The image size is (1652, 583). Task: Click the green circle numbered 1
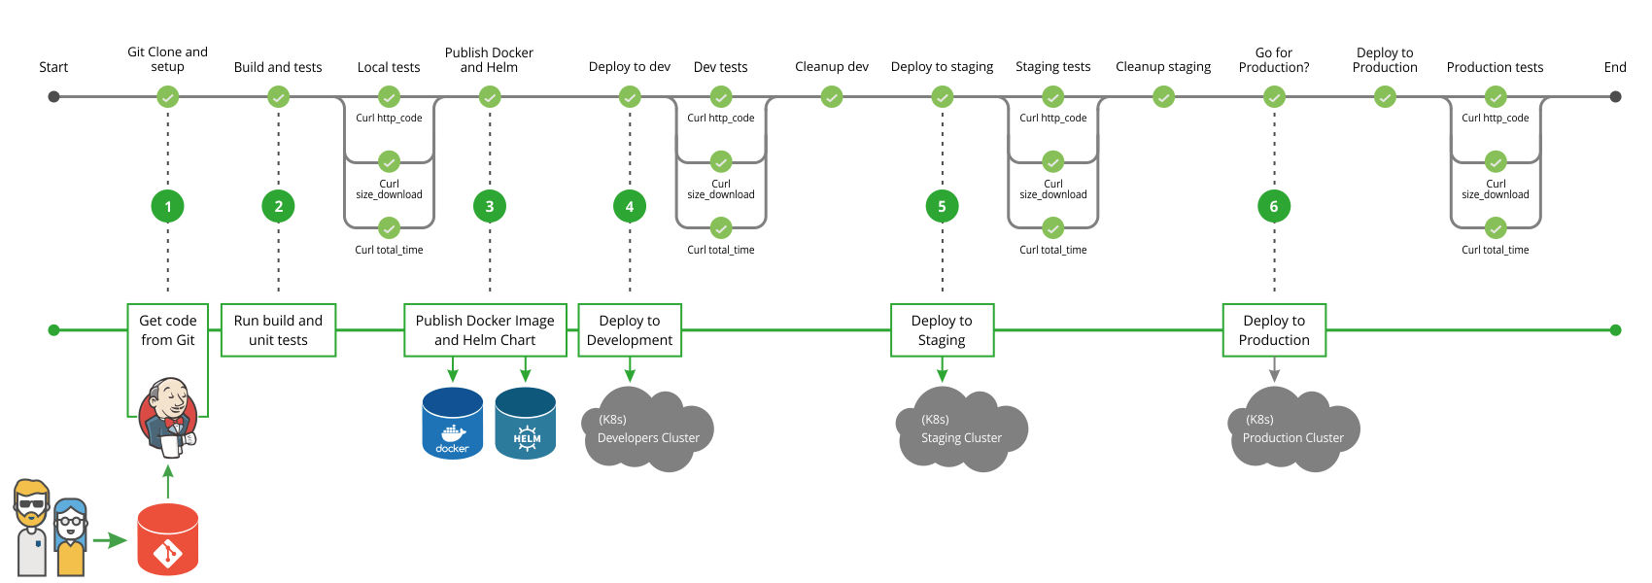click(168, 206)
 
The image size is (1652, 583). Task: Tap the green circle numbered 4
click(630, 206)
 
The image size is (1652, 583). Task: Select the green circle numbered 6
click(1274, 206)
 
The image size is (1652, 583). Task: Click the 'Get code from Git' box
click(168, 330)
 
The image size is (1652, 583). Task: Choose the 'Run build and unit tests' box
click(278, 330)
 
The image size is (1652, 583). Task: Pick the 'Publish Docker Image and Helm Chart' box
click(485, 330)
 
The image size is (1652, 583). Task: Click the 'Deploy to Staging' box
click(942, 330)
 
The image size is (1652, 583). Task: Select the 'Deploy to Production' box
click(1274, 330)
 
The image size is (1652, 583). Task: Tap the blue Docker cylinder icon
click(453, 424)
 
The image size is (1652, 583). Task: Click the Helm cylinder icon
click(526, 424)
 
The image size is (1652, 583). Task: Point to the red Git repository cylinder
click(168, 539)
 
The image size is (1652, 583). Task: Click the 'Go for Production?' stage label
click(1274, 60)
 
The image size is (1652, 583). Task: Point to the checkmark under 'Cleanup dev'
click(832, 97)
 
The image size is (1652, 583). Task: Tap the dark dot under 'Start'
click(54, 97)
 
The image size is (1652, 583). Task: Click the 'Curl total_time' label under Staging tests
click(1053, 250)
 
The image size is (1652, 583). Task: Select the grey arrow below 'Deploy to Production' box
click(1274, 370)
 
